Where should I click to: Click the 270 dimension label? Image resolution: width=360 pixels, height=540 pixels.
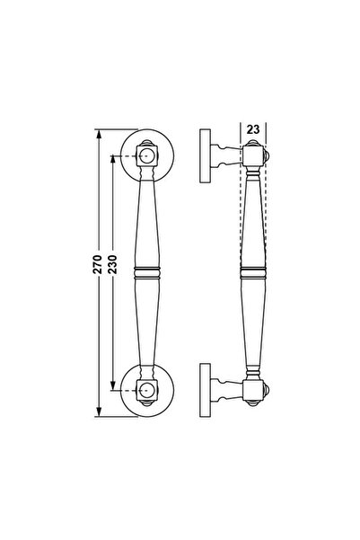pos(98,264)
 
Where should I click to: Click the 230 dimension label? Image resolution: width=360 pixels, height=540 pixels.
pos(112,264)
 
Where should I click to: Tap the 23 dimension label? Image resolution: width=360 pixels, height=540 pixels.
pos(253,130)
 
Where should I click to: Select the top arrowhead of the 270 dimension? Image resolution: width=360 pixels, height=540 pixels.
pos(99,134)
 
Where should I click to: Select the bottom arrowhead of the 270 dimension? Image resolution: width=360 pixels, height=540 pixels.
pos(99,412)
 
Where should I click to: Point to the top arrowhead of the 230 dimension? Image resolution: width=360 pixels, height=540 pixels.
pos(112,161)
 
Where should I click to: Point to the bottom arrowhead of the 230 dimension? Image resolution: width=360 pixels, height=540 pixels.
pos(112,385)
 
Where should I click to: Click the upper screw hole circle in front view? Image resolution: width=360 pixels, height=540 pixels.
pos(147,156)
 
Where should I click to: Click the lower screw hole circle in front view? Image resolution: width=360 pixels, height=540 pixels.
pos(147,390)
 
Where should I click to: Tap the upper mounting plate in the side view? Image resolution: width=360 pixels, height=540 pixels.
pos(205,156)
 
